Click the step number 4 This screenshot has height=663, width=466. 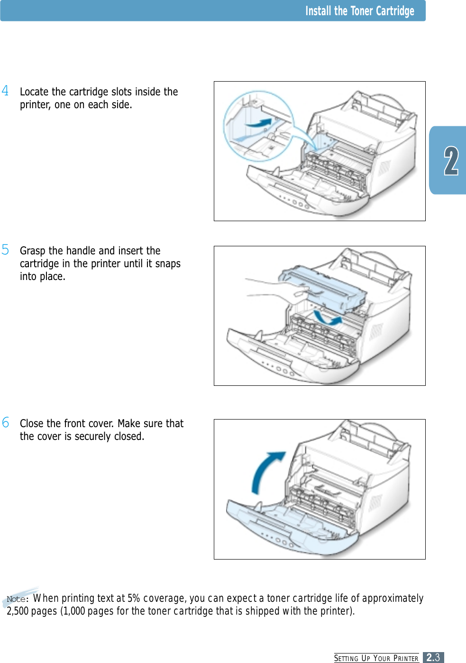(5, 91)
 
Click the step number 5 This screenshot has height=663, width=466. (5, 250)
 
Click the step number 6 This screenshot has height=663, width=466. (5, 422)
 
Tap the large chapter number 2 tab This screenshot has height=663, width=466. (451, 161)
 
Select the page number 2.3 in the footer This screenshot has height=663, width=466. (433, 657)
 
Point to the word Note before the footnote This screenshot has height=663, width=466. (16, 599)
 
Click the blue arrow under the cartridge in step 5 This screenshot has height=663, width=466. (327, 318)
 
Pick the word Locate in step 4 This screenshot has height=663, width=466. (34, 92)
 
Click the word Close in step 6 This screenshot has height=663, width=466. (32, 423)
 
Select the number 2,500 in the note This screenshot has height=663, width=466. (18, 611)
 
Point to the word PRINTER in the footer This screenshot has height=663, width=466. (406, 659)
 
